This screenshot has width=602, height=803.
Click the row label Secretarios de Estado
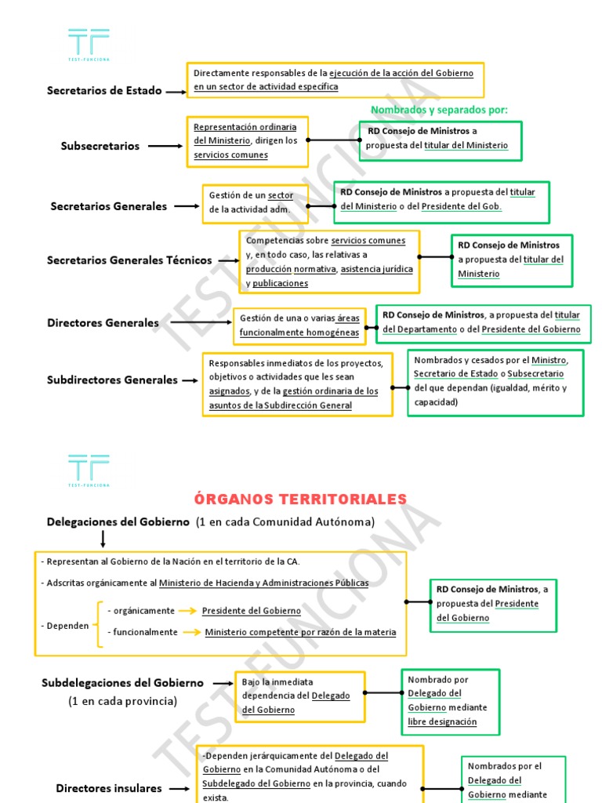(x=104, y=90)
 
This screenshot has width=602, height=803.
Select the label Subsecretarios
(x=100, y=146)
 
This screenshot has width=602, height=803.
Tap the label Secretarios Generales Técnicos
(x=129, y=260)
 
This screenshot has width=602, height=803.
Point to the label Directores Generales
(x=103, y=323)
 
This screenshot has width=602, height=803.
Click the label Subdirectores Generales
(x=112, y=380)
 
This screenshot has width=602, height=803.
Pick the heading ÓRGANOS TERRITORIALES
(x=300, y=499)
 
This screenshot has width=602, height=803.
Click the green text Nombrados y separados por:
(x=439, y=110)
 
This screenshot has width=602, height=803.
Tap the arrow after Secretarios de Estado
(x=176, y=91)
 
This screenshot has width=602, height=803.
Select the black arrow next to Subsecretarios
(x=165, y=146)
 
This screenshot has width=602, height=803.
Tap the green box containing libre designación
(x=450, y=703)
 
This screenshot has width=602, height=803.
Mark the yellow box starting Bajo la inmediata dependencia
(x=300, y=696)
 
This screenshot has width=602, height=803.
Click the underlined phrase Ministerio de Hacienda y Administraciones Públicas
(x=263, y=583)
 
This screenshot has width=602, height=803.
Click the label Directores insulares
(x=109, y=788)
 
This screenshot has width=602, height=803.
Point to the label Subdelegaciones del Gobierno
(x=122, y=683)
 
